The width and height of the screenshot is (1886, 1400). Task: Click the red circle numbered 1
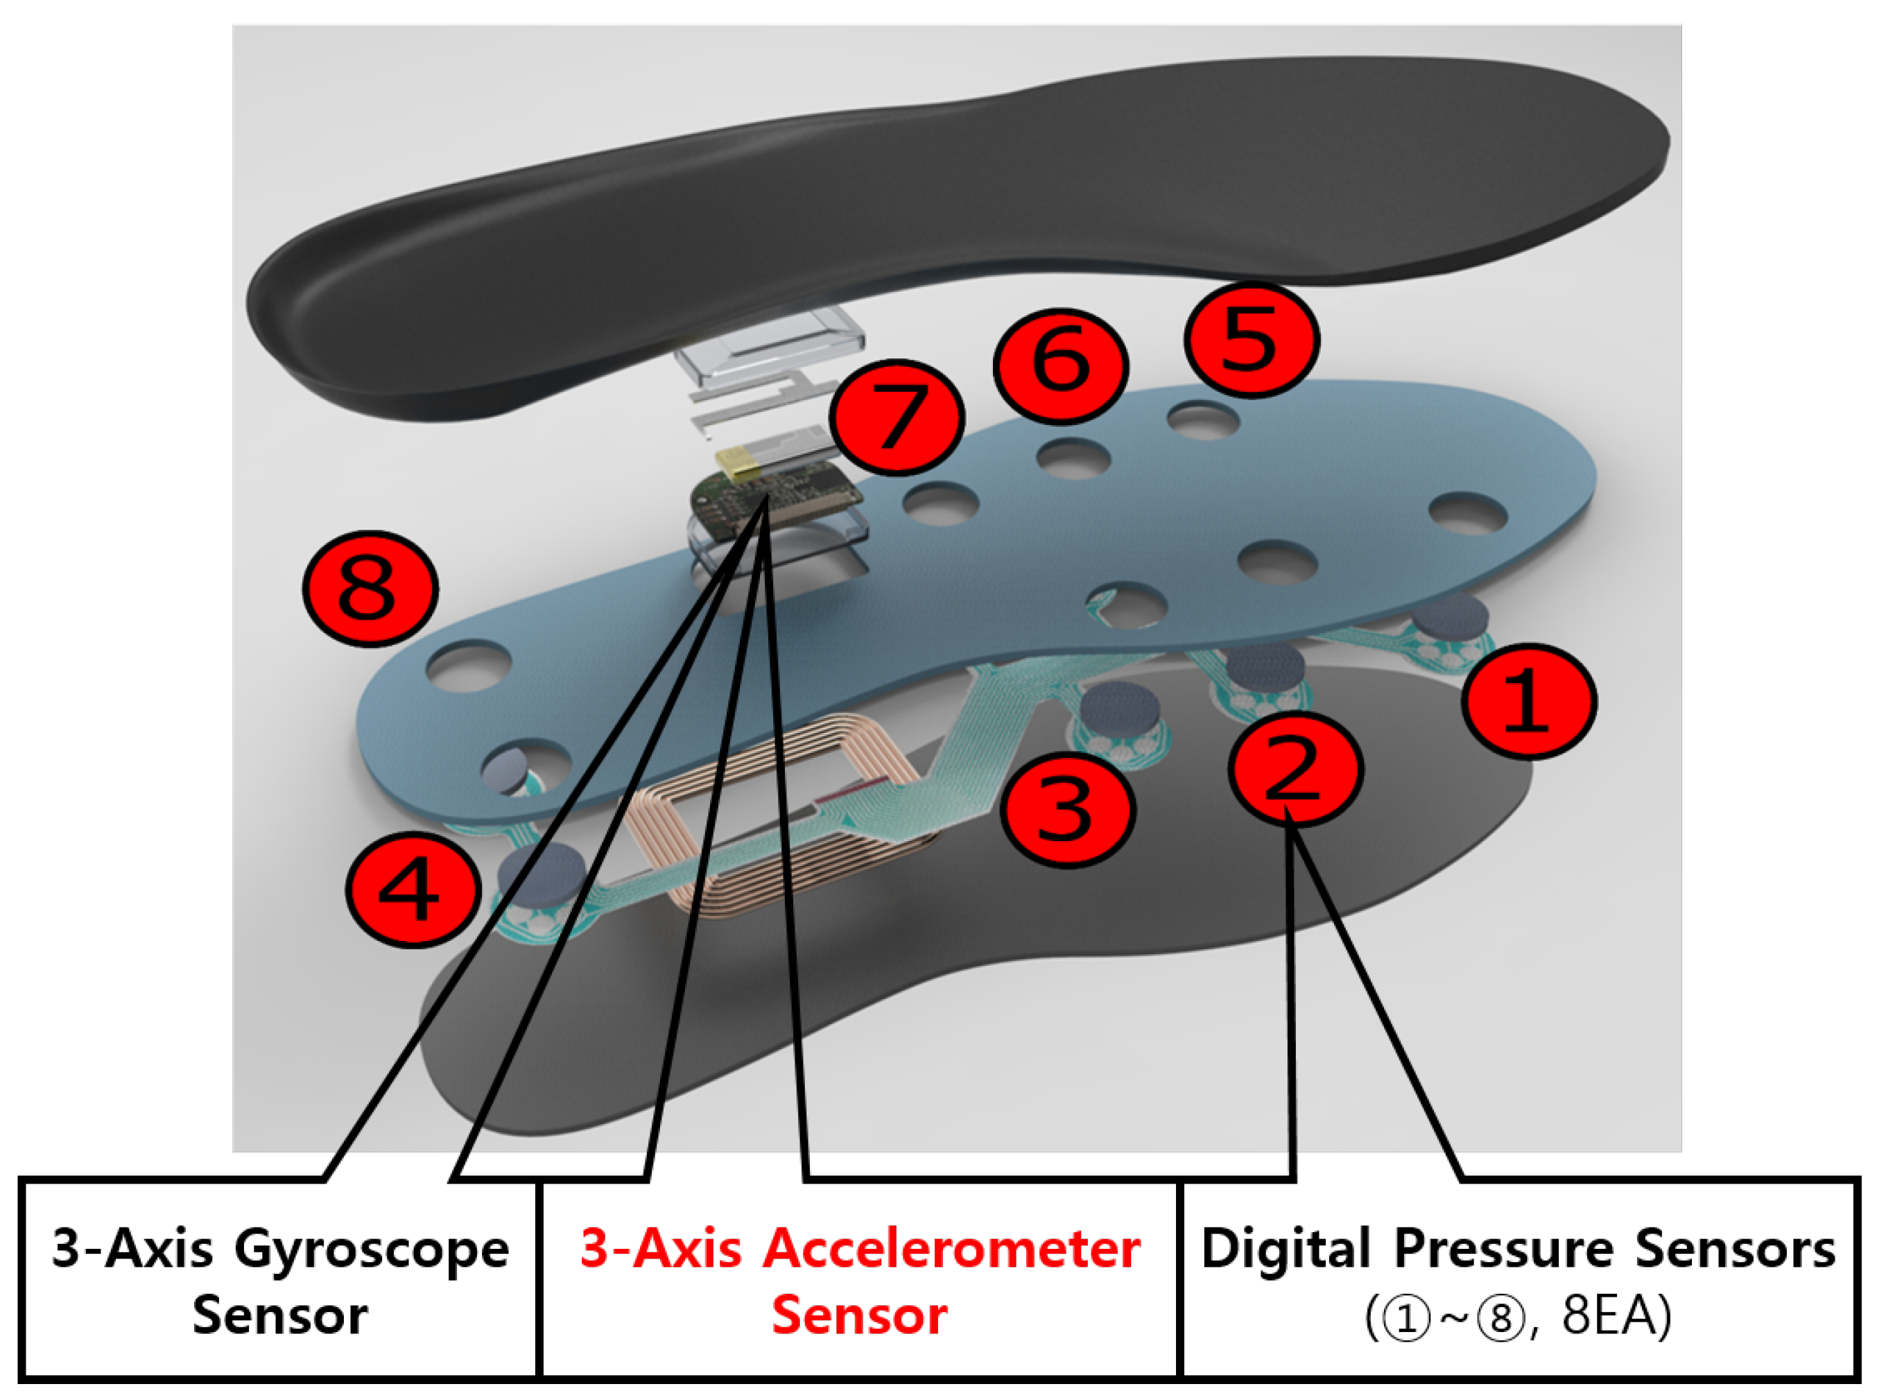pyautogui.click(x=1530, y=701)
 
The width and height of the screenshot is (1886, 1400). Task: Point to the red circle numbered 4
pyautogui.click(x=413, y=890)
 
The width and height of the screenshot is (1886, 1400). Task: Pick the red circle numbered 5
pyautogui.click(x=1252, y=340)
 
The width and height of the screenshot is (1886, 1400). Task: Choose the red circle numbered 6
pyautogui.click(x=1061, y=365)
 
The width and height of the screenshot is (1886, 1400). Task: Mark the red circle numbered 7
pyautogui.click(x=897, y=416)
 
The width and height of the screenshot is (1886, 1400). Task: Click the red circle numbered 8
pyautogui.click(x=370, y=588)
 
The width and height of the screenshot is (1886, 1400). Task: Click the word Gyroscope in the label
pyautogui.click(x=371, y=1250)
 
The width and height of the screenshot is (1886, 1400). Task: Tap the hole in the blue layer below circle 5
pyautogui.click(x=1202, y=420)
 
